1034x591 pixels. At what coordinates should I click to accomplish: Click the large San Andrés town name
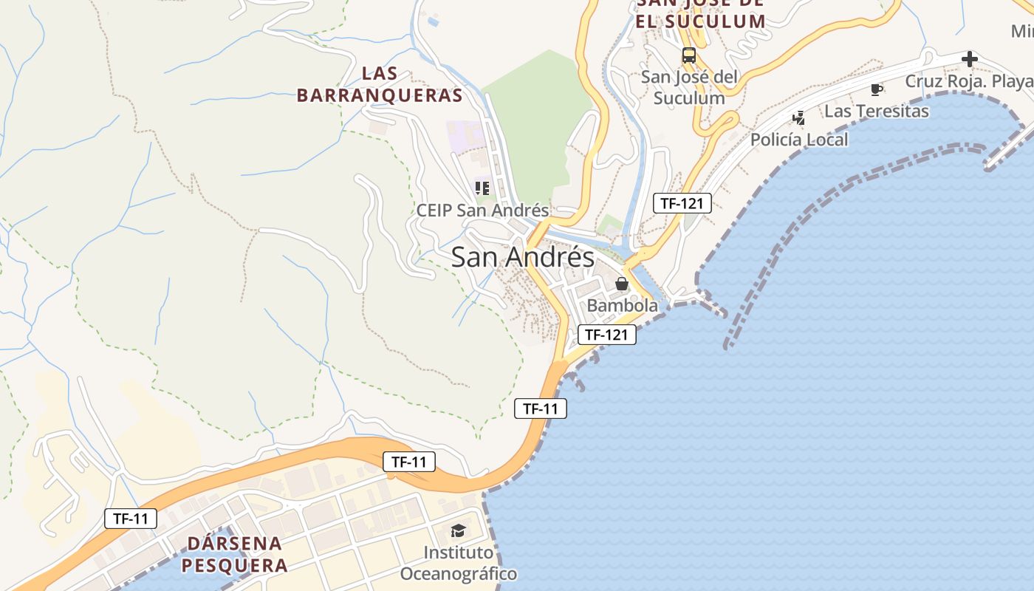coord(522,257)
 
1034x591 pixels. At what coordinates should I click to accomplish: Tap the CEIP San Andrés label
coord(482,210)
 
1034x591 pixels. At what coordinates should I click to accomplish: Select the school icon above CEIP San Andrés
coord(482,188)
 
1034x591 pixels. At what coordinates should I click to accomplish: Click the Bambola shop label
coord(622,305)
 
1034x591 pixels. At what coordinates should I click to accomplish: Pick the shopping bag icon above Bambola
coord(622,284)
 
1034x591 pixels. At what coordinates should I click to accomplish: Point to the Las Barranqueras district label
coord(380,84)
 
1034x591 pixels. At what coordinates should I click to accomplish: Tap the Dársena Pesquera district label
coord(234,555)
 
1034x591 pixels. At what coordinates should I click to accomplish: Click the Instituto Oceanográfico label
coord(458,563)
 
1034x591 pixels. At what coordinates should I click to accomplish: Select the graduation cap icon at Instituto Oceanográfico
coord(458,530)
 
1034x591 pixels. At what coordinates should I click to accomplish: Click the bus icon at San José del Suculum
coord(688,55)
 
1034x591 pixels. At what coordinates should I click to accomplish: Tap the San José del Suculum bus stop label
coord(688,87)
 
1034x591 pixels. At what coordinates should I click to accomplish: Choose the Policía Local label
coord(799,140)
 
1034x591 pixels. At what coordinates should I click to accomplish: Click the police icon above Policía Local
coord(798,117)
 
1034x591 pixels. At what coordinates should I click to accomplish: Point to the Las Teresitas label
coord(876,112)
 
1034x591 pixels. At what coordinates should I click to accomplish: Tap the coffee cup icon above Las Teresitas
coord(876,90)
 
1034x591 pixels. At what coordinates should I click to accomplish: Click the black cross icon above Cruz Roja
coord(970,59)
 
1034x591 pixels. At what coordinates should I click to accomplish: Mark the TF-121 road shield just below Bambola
coord(606,335)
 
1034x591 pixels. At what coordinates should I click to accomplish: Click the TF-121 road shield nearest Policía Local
coord(682,203)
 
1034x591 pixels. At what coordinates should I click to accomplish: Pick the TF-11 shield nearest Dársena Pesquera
coord(131,519)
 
